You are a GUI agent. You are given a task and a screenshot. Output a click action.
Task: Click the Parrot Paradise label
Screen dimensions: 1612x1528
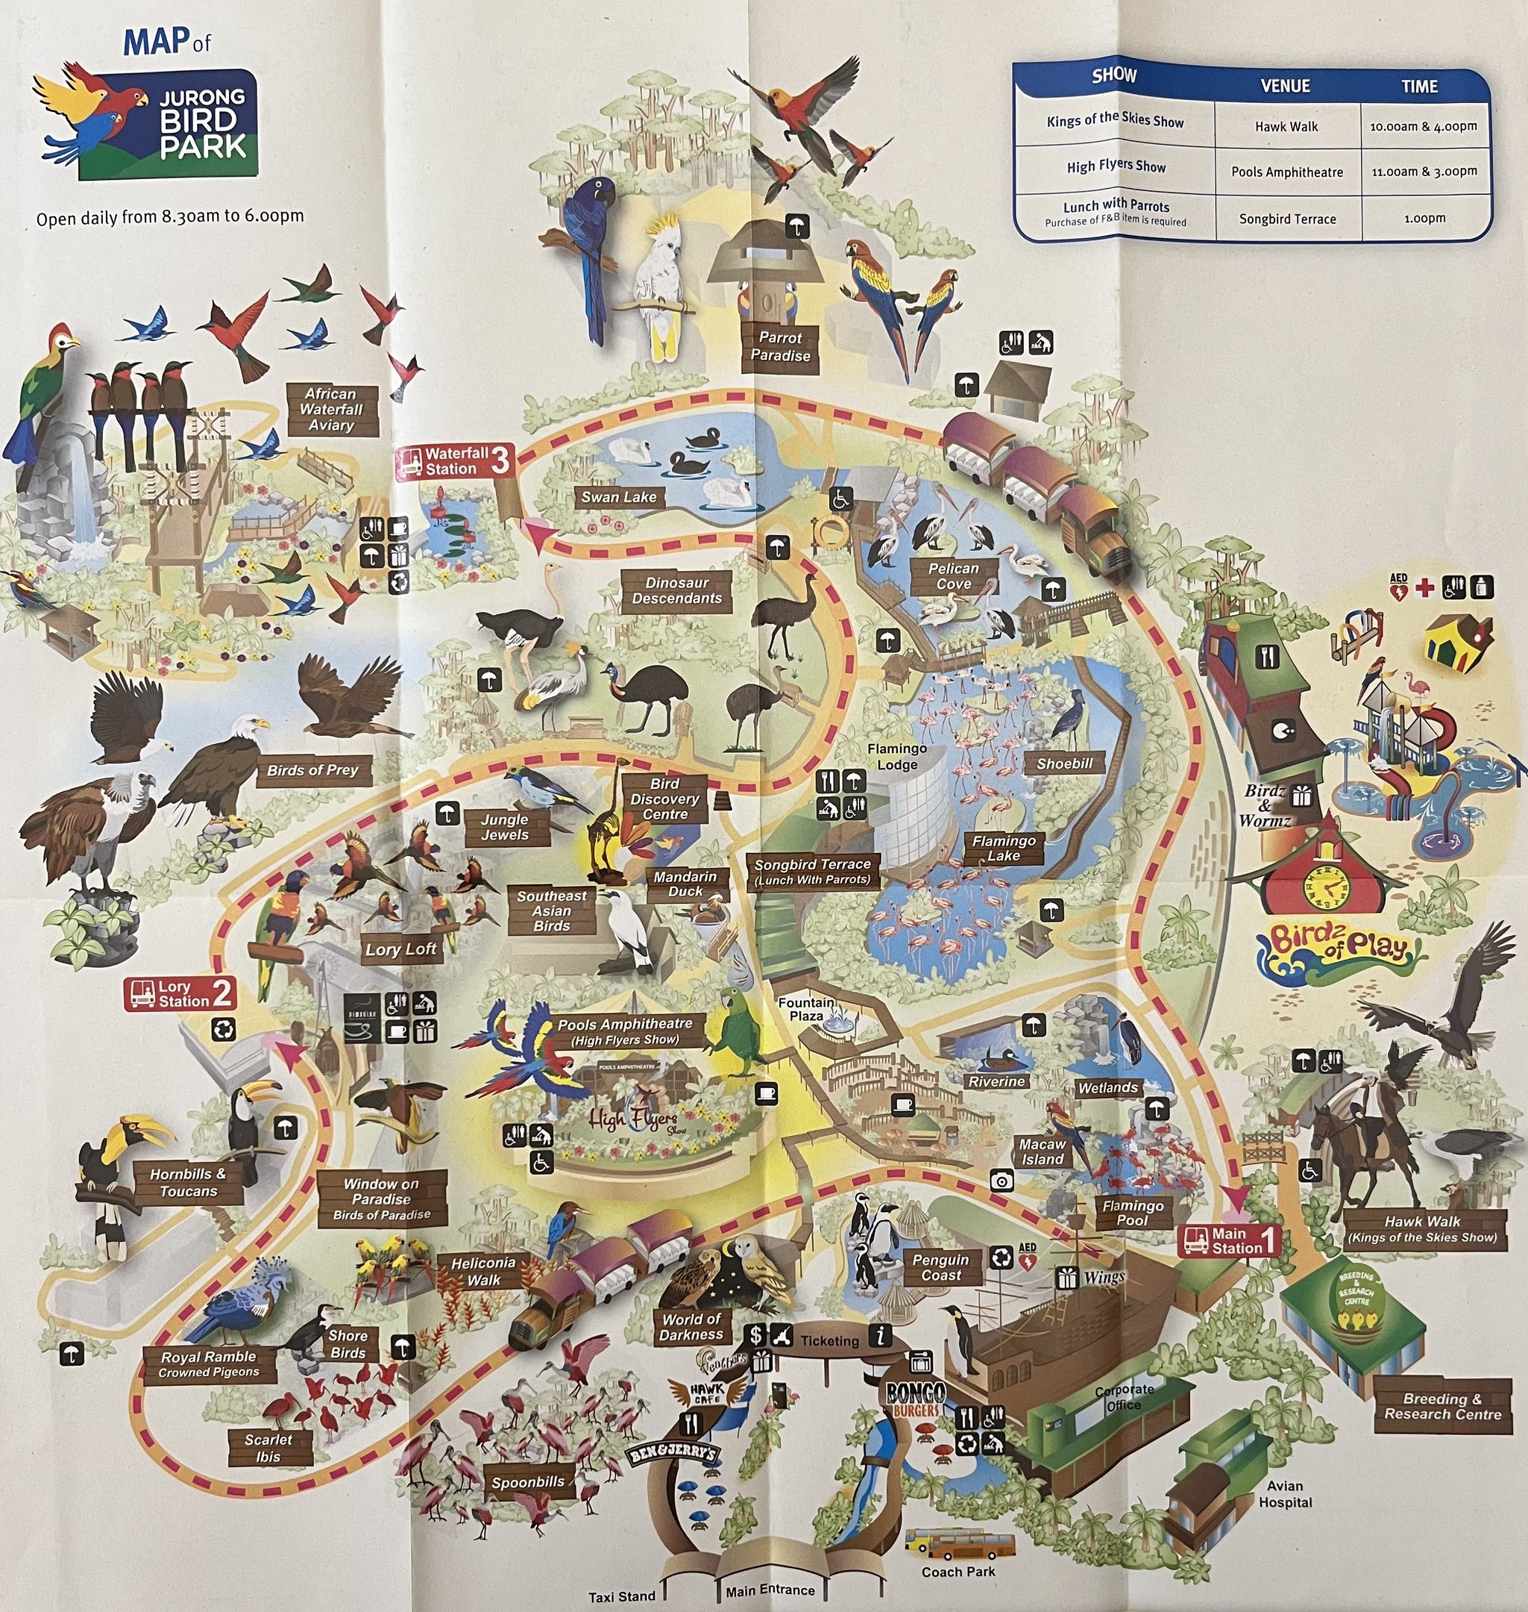click(779, 346)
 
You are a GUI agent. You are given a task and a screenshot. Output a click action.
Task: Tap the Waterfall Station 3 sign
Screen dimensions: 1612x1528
click(454, 461)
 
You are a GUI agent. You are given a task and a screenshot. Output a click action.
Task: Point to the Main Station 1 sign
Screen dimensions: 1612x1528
click(1229, 1240)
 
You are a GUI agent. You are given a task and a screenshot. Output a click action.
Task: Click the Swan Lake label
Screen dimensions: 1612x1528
click(618, 497)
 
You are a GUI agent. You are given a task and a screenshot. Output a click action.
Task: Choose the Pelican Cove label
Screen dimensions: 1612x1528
click(953, 576)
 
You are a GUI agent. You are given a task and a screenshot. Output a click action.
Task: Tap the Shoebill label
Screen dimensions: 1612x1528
click(1065, 763)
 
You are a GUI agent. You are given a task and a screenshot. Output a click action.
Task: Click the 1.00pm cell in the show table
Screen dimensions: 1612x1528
click(1424, 219)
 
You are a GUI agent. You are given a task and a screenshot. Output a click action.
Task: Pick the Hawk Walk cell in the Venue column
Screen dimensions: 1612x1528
click(1286, 126)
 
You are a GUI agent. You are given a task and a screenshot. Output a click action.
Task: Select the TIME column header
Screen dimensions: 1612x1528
click(1419, 87)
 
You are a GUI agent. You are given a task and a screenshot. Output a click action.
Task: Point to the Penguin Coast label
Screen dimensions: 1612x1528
click(941, 1267)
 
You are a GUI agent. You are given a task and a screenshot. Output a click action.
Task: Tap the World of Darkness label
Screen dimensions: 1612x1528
click(691, 1327)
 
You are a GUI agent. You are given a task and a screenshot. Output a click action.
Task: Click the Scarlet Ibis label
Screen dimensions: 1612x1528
click(268, 1449)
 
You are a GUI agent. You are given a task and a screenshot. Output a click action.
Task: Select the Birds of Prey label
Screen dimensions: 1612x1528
click(312, 770)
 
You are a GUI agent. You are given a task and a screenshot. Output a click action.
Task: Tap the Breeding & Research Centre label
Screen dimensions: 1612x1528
click(1442, 1407)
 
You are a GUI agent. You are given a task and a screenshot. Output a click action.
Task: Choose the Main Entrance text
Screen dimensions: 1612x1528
click(770, 1590)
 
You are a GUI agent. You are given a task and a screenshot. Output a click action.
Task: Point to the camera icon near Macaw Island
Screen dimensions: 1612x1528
click(1002, 1180)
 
